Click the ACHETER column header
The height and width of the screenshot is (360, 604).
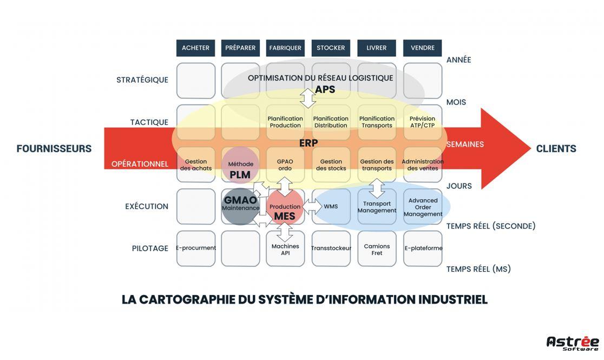[x=196, y=48]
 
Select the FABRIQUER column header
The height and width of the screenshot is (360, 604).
[x=285, y=48]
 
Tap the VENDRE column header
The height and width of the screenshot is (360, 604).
[x=423, y=48]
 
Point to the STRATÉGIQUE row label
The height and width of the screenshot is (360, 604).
[x=142, y=80]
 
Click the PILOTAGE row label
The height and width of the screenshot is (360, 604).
[x=150, y=248]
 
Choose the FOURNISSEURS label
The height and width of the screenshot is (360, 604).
[x=54, y=148]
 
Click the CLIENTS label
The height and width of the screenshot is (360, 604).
[x=556, y=148]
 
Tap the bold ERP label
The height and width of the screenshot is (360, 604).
[x=308, y=143]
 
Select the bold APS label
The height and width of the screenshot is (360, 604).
[x=325, y=89]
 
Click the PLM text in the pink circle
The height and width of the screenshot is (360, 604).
[x=240, y=175]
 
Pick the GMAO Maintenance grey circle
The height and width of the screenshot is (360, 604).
[x=241, y=206]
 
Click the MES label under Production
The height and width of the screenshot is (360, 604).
[x=285, y=216]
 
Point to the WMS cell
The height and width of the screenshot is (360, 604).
[x=331, y=207]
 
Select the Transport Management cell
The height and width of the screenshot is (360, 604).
[x=377, y=207]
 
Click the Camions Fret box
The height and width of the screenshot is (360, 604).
[x=377, y=248]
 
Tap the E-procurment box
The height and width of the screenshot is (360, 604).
[x=196, y=248]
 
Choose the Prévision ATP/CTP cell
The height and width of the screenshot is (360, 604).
[x=423, y=122]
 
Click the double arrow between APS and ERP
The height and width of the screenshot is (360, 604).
[x=308, y=98]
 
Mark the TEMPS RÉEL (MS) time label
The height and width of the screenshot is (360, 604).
[x=478, y=269]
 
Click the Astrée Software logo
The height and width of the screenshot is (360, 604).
[x=573, y=343]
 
